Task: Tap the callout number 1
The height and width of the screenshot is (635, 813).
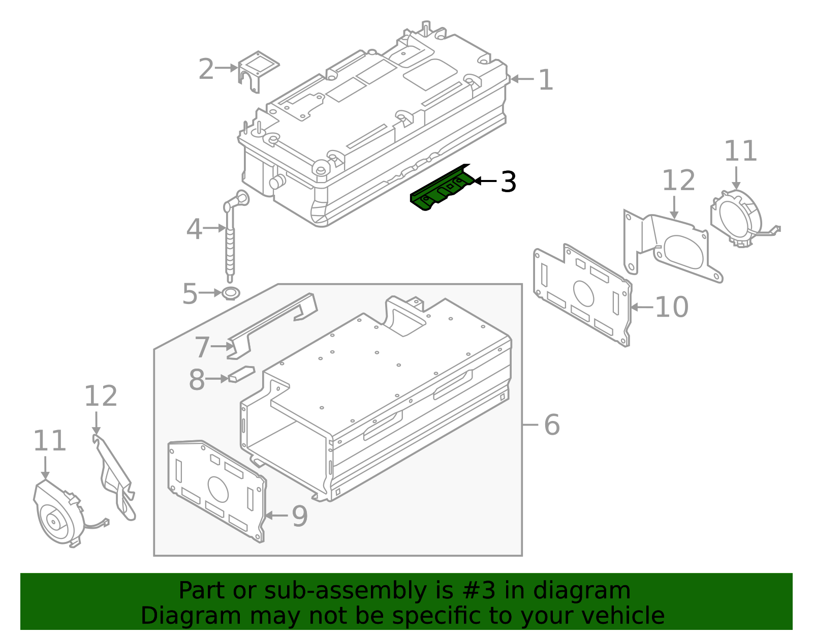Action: (x=545, y=80)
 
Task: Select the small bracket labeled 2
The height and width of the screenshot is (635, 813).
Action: (x=258, y=71)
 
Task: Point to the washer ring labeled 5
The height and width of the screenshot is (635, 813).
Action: (x=231, y=293)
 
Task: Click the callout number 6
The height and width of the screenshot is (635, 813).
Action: (x=551, y=425)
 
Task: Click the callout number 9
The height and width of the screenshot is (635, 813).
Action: (x=299, y=517)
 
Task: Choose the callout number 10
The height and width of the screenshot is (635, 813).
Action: (x=671, y=307)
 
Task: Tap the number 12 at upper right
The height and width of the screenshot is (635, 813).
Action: (x=678, y=181)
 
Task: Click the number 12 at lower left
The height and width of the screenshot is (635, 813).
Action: (x=100, y=397)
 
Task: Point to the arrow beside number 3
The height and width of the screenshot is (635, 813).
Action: (x=485, y=181)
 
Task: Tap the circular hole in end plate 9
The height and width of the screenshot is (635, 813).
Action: (x=218, y=489)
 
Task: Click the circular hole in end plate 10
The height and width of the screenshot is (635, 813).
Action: (x=583, y=293)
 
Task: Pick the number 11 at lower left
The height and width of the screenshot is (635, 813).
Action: (x=49, y=441)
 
